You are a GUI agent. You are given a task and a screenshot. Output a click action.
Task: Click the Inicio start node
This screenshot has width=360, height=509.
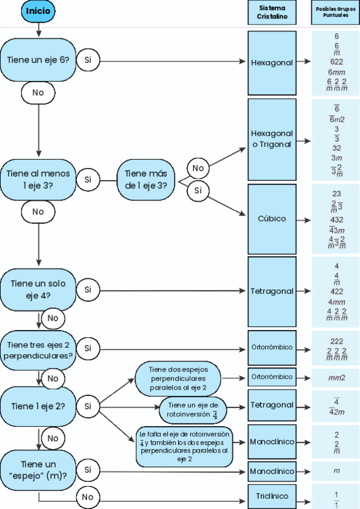point(38,11)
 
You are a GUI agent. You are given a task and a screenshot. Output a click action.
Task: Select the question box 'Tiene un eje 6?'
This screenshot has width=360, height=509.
point(38,59)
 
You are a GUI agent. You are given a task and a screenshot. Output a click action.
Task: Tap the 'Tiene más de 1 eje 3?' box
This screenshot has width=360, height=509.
point(146,179)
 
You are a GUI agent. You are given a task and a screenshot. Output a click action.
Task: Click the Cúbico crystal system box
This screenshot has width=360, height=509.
point(272,219)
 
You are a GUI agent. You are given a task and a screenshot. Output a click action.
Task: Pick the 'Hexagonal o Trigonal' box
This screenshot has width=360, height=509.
point(272,139)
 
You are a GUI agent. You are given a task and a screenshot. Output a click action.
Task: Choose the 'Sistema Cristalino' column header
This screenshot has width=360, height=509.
point(272,13)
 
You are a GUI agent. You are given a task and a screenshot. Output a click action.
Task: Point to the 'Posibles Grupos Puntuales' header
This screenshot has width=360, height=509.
point(335,13)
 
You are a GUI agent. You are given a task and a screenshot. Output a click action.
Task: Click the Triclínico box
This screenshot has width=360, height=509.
point(272,496)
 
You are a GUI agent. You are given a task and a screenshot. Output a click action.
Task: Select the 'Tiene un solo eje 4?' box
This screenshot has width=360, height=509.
point(38,289)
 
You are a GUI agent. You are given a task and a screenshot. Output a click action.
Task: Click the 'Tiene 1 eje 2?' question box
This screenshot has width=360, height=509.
point(38,406)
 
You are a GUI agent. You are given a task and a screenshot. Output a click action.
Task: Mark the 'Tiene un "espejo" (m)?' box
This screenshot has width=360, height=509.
point(38,470)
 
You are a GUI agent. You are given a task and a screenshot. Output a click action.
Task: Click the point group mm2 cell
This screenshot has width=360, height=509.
point(336,377)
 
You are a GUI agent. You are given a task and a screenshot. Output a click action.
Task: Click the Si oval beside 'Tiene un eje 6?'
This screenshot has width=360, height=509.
point(88,60)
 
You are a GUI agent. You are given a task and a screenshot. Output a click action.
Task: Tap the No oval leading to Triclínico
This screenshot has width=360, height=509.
point(88,496)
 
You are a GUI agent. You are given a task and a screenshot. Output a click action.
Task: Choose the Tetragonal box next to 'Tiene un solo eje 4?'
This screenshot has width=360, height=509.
point(272,291)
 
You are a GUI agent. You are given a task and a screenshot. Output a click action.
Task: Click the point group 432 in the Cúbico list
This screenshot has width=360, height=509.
point(337,220)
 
